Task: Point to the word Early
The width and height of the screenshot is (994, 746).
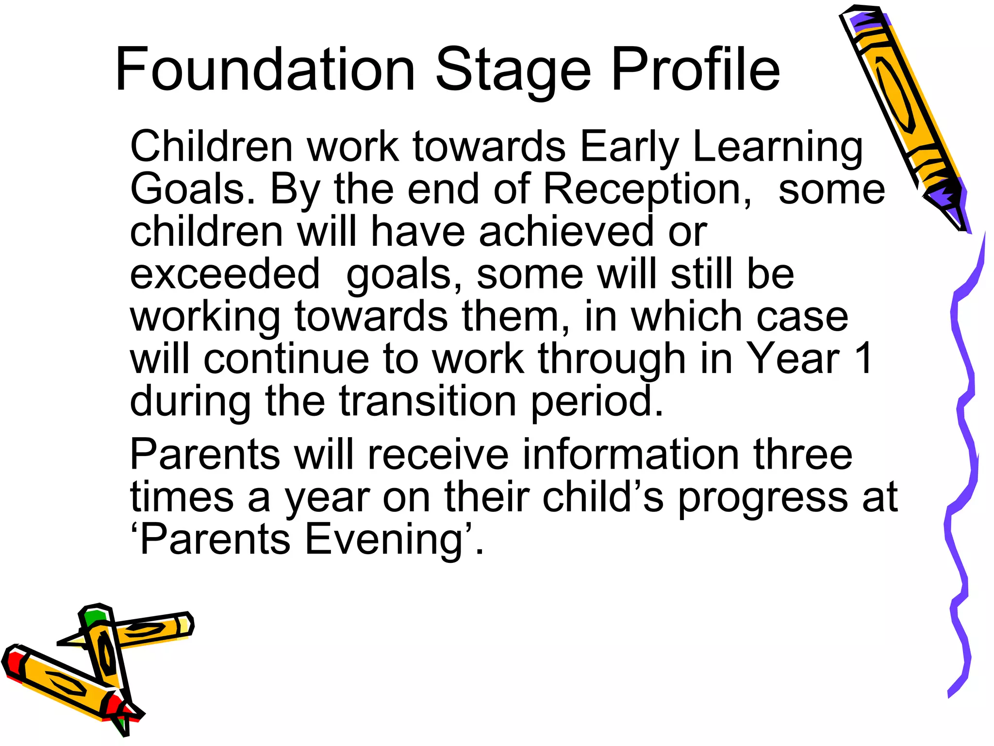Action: click(629, 147)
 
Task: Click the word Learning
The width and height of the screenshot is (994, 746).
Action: click(778, 147)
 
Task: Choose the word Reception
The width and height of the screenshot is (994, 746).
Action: click(647, 189)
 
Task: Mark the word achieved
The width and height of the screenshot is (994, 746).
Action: click(566, 232)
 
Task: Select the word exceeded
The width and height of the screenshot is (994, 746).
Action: click(225, 274)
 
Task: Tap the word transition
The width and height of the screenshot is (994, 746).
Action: click(428, 401)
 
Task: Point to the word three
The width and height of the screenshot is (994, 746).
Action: click(803, 455)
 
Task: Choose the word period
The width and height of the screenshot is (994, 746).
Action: click(596, 401)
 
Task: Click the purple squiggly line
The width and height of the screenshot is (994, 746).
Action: click(963, 437)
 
